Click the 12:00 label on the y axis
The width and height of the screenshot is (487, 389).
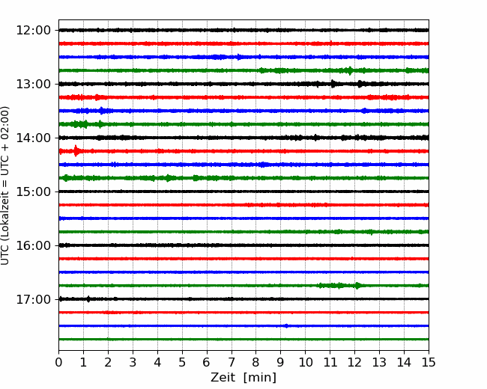tap(33, 31)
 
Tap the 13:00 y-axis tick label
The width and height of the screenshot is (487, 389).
tap(33, 84)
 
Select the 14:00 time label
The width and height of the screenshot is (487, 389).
tap(33, 138)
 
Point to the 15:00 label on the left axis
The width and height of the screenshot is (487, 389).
tap(33, 192)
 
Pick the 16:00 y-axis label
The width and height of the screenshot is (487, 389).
tap(33, 245)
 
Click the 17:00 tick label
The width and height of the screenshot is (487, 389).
tap(33, 299)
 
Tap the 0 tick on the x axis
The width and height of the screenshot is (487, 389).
tap(58, 362)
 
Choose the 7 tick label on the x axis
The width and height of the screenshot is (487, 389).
tap(231, 362)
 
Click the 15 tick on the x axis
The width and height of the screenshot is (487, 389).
tap(429, 362)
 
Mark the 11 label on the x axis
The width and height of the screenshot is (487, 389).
tap(330, 362)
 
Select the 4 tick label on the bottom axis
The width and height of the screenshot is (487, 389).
tap(157, 362)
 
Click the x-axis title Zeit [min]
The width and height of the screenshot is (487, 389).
tap(243, 377)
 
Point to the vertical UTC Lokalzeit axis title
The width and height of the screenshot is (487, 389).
tap(4, 186)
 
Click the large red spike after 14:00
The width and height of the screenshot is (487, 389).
tap(76, 151)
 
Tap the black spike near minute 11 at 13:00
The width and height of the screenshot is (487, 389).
tap(333, 84)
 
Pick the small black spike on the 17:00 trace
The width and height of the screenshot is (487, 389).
tap(88, 299)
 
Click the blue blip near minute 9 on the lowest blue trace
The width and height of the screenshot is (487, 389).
tap(286, 325)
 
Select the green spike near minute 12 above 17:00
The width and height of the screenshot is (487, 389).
tap(357, 285)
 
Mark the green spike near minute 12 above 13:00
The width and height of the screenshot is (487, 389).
tap(350, 70)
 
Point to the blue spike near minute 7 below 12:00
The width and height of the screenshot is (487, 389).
tap(238, 57)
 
